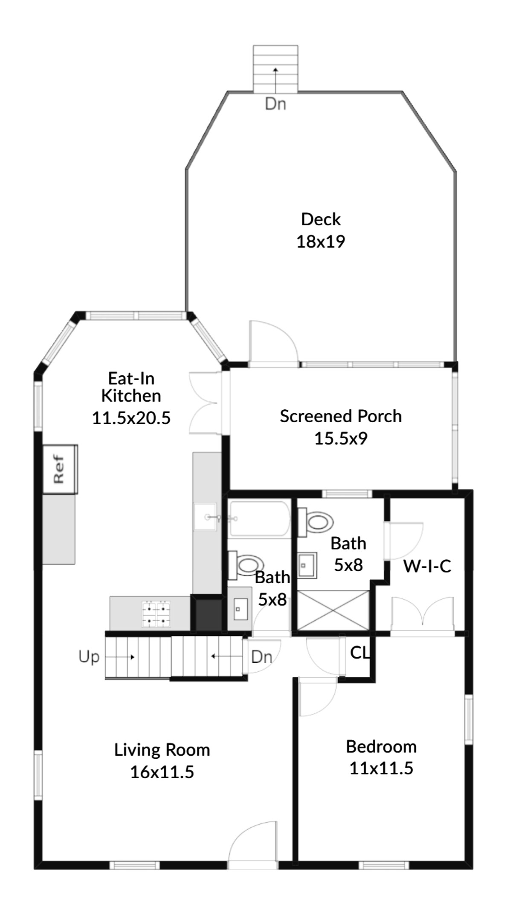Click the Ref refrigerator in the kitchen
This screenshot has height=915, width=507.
(60, 469)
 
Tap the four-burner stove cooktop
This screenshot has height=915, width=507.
(156, 614)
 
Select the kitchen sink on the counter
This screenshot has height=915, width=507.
(206, 517)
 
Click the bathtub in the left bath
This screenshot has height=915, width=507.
(259, 518)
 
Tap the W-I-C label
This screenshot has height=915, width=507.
(427, 566)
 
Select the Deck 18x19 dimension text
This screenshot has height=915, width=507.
(321, 242)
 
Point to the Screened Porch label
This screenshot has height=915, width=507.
(341, 416)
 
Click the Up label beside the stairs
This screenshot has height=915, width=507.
(89, 657)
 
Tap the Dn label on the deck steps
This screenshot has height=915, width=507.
(275, 104)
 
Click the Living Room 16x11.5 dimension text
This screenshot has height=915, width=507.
(162, 771)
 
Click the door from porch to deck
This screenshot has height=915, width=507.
(273, 343)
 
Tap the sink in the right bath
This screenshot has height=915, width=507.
(307, 565)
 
